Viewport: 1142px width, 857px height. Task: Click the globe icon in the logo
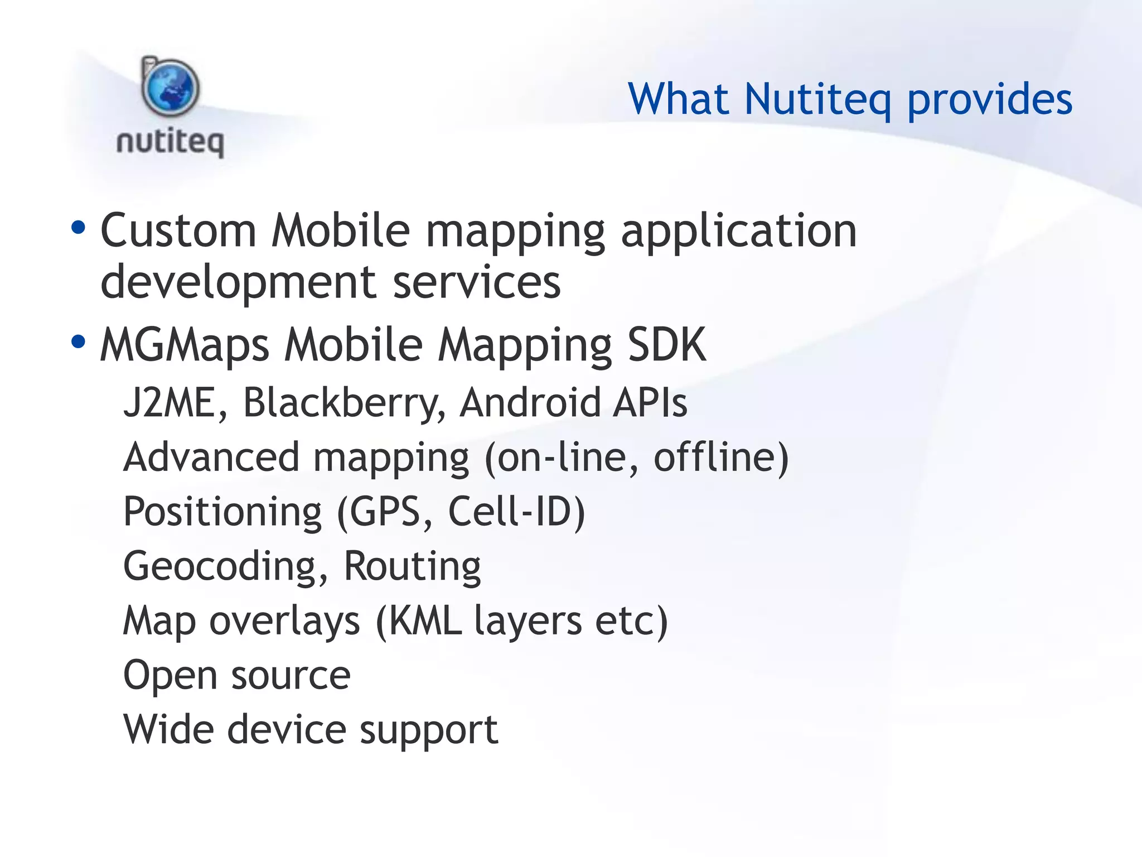(170, 88)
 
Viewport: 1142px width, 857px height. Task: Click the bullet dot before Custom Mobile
(79, 227)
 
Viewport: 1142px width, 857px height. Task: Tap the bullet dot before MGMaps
(79, 341)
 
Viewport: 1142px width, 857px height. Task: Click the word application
(739, 232)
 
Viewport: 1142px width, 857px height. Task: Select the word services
(477, 282)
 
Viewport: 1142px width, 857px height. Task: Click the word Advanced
(212, 457)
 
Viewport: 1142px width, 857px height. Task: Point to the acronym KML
(425, 620)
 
